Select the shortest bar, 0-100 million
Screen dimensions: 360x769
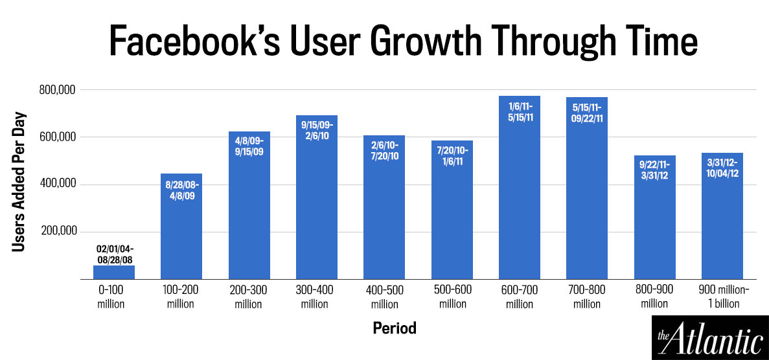point(114,272)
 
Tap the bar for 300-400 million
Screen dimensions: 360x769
point(316,201)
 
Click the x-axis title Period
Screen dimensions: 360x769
point(395,328)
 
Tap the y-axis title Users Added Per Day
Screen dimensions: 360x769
point(19,185)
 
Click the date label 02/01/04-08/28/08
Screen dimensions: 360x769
point(114,253)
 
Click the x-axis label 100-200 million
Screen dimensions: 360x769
point(181,296)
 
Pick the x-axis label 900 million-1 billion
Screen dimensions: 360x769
point(722,296)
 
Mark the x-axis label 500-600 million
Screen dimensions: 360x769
point(452,296)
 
